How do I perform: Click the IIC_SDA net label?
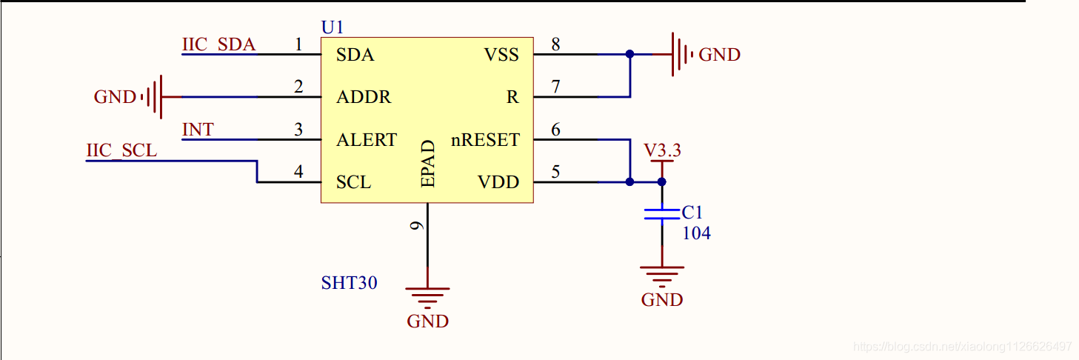(x=218, y=45)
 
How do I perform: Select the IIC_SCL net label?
(x=121, y=151)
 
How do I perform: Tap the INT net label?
(x=198, y=130)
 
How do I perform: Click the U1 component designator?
(x=333, y=27)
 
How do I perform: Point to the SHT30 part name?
(x=349, y=282)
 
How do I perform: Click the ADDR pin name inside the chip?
(x=364, y=97)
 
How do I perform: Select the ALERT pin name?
(x=367, y=140)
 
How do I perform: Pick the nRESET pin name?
(x=485, y=140)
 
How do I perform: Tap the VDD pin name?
(x=498, y=182)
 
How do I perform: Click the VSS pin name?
(x=501, y=55)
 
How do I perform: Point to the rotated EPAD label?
(x=427, y=163)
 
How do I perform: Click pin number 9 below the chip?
(x=418, y=224)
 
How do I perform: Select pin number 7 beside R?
(x=555, y=87)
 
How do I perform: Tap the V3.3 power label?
(x=662, y=151)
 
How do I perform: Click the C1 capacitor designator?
(x=692, y=213)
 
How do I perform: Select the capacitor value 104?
(x=696, y=233)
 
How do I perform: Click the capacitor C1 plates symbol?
(x=661, y=214)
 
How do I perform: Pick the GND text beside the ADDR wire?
(x=115, y=97)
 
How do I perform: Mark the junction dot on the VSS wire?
(x=629, y=54)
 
